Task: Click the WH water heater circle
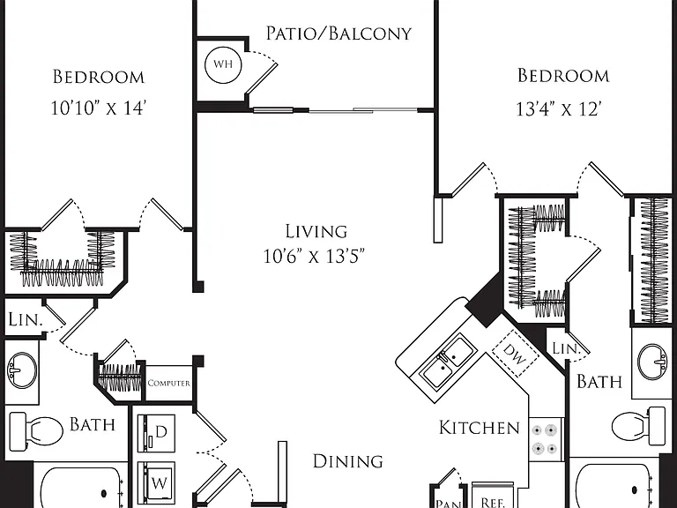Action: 223,64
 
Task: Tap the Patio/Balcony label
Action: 338,34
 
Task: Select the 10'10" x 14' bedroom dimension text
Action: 97,108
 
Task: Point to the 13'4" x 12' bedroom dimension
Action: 559,108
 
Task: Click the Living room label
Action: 316,232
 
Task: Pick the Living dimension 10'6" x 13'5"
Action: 315,256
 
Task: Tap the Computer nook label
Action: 169,383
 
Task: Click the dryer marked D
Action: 156,433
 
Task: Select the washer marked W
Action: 156,482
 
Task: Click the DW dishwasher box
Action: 516,354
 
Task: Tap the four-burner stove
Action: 545,439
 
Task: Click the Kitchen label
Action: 480,428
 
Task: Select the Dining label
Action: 347,461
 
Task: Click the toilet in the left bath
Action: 36,430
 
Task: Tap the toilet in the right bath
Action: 638,425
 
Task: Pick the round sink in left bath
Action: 21,370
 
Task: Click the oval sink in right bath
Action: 653,362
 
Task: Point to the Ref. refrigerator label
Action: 493,503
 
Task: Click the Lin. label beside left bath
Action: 26,319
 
